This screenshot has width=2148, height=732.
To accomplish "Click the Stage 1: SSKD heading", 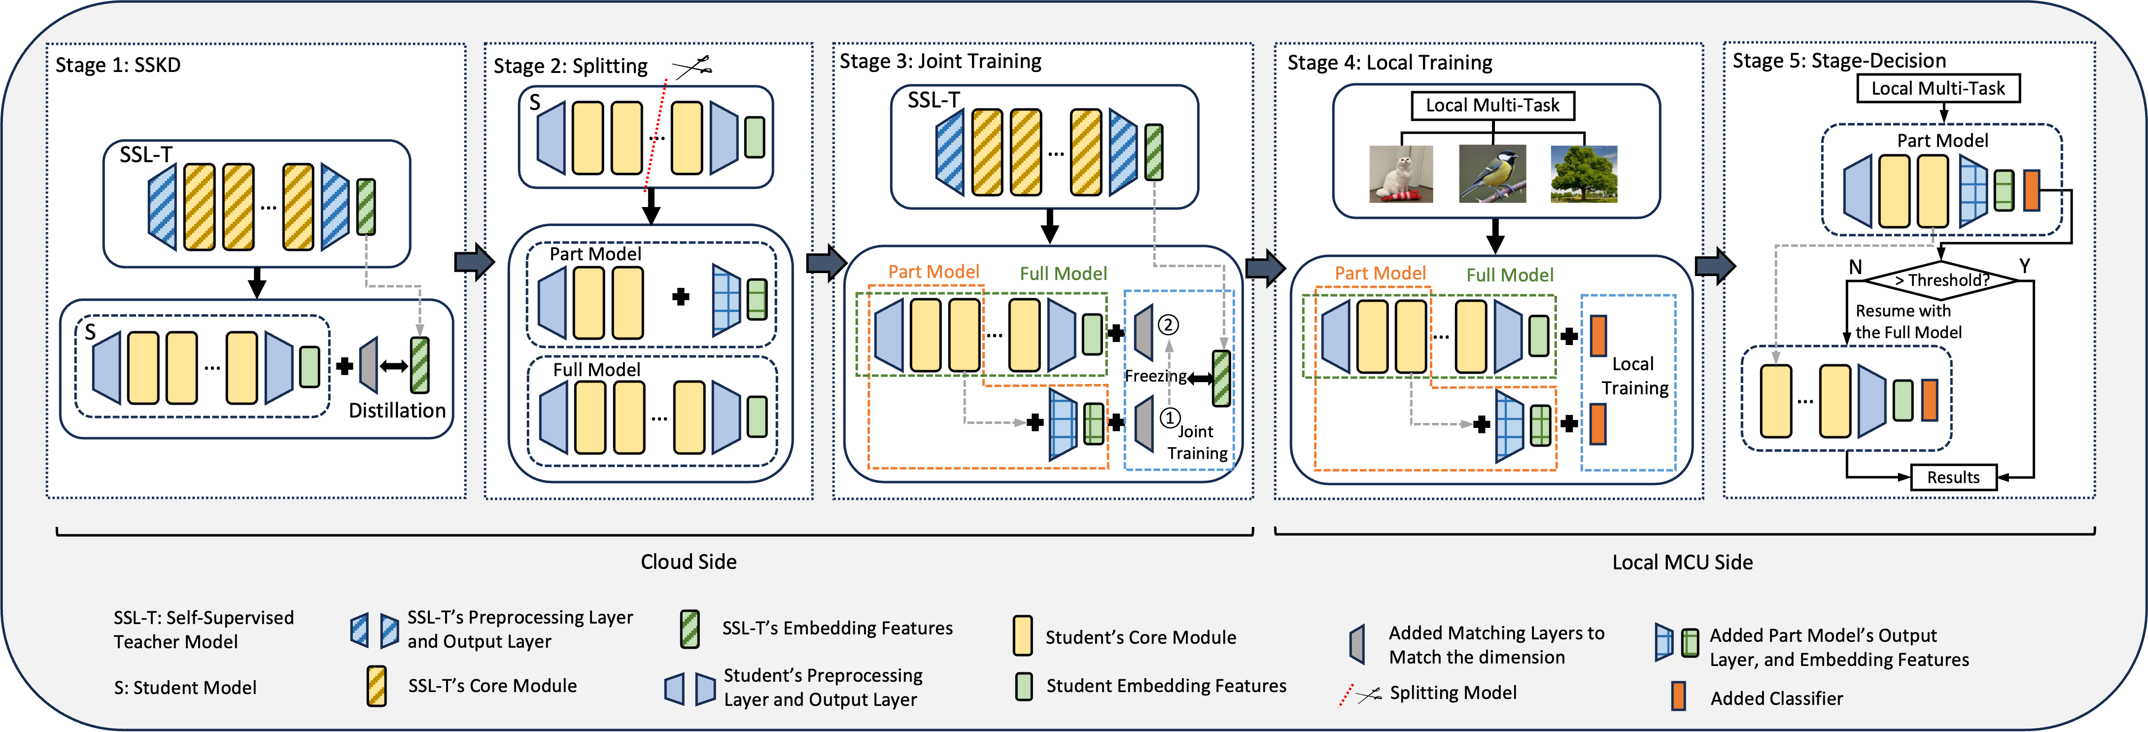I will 118,65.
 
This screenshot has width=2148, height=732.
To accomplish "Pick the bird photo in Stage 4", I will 1492,174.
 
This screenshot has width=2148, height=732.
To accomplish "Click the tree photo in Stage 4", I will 1584,174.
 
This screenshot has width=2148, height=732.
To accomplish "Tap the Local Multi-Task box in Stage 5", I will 1938,88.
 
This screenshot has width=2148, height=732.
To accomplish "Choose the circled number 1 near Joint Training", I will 1170,418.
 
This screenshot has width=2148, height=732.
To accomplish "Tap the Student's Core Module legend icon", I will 1022,636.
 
